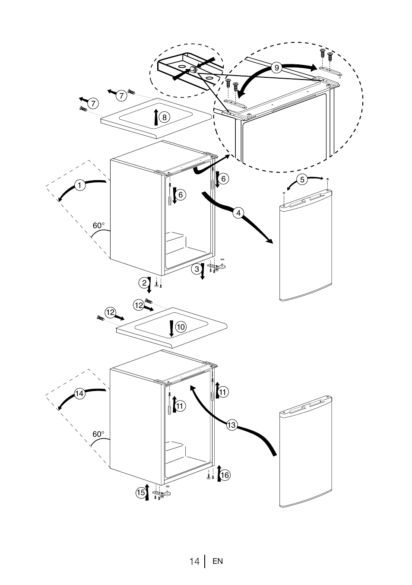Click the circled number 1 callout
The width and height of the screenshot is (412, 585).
79,185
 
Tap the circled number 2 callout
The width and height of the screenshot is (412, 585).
144,283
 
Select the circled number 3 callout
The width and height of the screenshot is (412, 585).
197,268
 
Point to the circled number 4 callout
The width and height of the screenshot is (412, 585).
238,213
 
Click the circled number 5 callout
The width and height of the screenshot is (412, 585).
302,179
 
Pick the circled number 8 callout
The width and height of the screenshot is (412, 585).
164,117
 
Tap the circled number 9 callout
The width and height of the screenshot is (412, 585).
276,68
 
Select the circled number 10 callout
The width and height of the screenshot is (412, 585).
181,327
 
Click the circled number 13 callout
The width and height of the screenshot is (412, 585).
231,425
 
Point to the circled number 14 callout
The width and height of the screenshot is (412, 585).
79,393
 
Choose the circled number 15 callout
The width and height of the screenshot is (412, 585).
141,492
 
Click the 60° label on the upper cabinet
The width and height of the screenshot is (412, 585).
98,226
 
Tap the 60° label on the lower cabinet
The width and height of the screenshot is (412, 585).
98,434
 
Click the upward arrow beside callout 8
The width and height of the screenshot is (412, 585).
156,117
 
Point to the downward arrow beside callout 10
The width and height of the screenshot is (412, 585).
171,329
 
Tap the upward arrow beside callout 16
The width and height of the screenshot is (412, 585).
219,474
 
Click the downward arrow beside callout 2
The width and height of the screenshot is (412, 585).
149,285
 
